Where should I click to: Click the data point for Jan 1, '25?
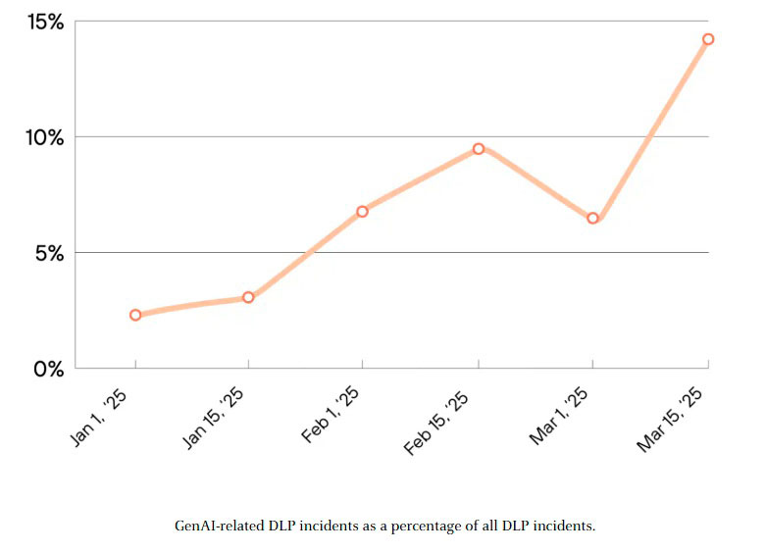tap(135, 315)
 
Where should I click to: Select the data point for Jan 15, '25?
tap(248, 297)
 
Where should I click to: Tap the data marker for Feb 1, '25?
tap(362, 211)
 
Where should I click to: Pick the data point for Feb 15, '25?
tap(479, 149)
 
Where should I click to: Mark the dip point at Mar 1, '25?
tap(592, 218)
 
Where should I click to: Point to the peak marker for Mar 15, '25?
tap(708, 39)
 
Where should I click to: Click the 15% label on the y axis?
tap(44, 22)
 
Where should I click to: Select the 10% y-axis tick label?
tap(44, 137)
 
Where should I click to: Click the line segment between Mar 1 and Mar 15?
tap(650, 128)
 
